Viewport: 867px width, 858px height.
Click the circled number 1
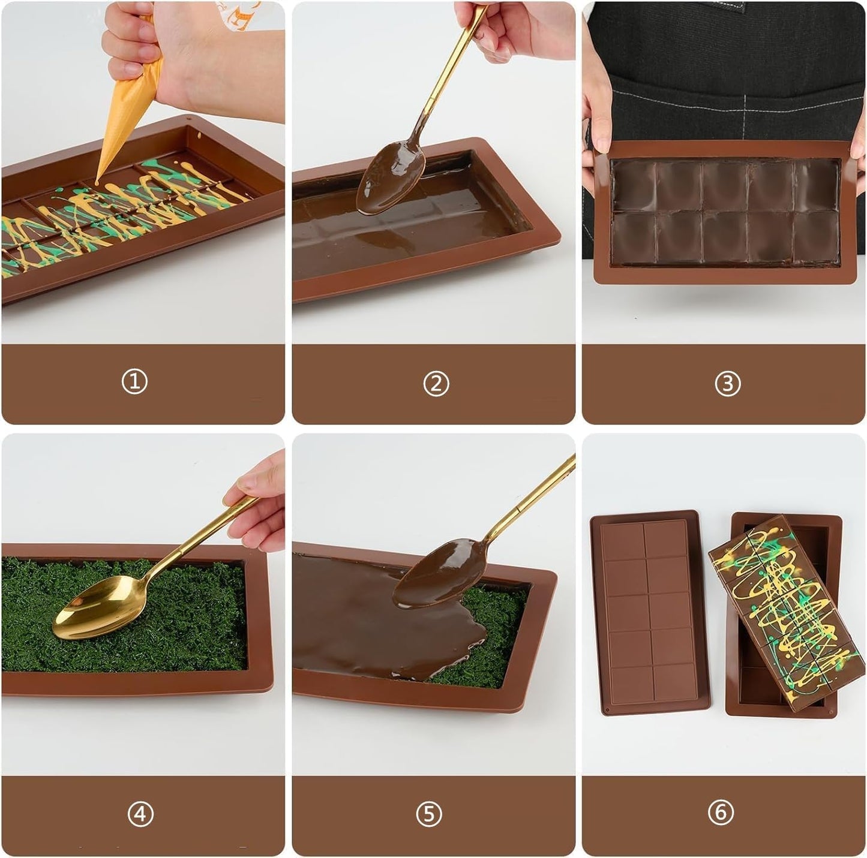pyautogui.click(x=134, y=381)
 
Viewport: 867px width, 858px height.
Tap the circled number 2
pyautogui.click(x=436, y=384)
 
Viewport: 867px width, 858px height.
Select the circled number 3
pyautogui.click(x=728, y=384)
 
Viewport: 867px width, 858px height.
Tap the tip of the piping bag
pyautogui.click(x=97, y=183)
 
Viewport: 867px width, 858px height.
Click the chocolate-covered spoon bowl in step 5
pyautogui.click(x=439, y=573)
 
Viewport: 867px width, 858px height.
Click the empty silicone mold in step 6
pyautogui.click(x=649, y=613)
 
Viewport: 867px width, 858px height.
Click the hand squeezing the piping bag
pyautogui.click(x=189, y=59)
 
